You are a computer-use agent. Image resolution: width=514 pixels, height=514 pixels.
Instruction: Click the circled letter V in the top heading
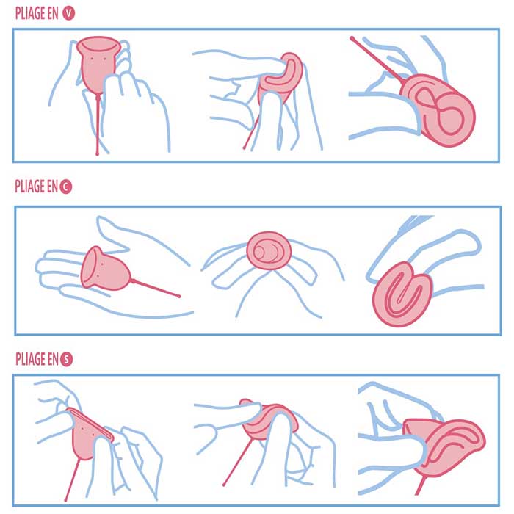point(68,13)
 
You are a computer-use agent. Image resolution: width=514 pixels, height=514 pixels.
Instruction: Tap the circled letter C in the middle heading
point(65,187)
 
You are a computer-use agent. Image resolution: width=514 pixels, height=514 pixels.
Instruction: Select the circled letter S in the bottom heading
point(66,359)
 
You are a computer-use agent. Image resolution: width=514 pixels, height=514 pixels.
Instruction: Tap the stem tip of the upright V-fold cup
point(98,153)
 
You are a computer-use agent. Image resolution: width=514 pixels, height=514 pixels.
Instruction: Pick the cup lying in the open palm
point(105,269)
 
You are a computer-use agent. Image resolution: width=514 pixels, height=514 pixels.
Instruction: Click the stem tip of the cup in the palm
point(179,296)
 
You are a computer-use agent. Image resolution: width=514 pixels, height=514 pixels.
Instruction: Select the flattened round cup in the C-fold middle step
point(269,251)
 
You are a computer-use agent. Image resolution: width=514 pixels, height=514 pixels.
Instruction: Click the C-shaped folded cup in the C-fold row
point(402,294)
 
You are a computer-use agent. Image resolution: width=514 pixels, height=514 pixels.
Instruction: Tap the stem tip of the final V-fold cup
point(352,39)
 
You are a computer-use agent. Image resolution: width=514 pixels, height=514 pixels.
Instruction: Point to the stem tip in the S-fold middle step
point(224,485)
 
